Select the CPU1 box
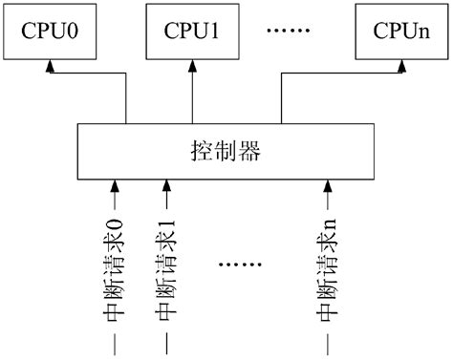(194, 31)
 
